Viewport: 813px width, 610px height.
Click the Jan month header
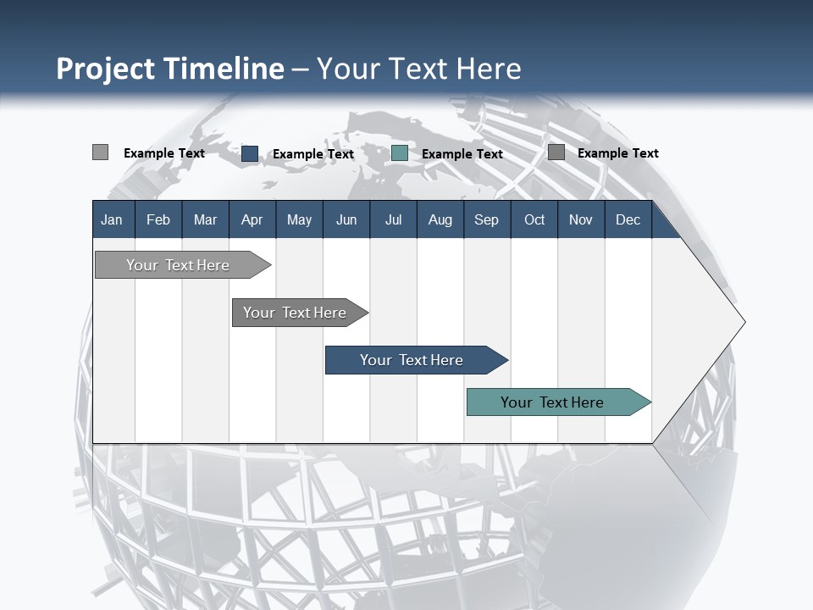pyautogui.click(x=112, y=220)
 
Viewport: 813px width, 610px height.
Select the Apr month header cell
pyautogui.click(x=252, y=220)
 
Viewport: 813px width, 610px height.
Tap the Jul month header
pyautogui.click(x=393, y=220)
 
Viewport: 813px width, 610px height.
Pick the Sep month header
pyautogui.click(x=486, y=220)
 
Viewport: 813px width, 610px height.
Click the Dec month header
pyautogui.click(x=628, y=220)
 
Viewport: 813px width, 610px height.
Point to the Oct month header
pyautogui.click(x=534, y=220)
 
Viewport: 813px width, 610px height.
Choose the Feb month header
pyautogui.click(x=158, y=220)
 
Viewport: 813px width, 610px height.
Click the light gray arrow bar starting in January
pyautogui.click(x=178, y=265)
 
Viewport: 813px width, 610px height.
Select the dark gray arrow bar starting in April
pyautogui.click(x=295, y=313)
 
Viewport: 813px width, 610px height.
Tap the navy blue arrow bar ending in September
pyautogui.click(x=412, y=360)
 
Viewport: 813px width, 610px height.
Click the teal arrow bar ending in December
pyautogui.click(x=552, y=402)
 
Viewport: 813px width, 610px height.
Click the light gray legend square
pyautogui.click(x=101, y=152)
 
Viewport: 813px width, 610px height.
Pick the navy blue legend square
pyautogui.click(x=250, y=153)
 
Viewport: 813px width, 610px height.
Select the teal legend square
pyautogui.click(x=400, y=153)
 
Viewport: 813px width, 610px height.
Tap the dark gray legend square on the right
pyautogui.click(x=556, y=152)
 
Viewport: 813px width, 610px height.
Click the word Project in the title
pyautogui.click(x=105, y=69)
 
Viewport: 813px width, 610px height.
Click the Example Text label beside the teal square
pyautogui.click(x=462, y=154)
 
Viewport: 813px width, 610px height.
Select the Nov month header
pyautogui.click(x=581, y=220)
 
